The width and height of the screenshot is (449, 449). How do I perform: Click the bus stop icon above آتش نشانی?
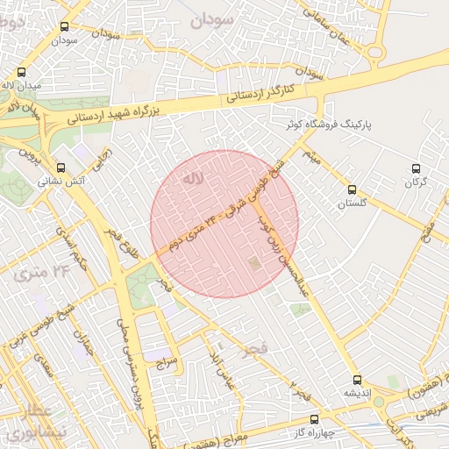tap(61, 167)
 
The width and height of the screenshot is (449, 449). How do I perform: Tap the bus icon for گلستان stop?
tap(352, 189)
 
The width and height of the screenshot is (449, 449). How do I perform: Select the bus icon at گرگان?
tap(417, 168)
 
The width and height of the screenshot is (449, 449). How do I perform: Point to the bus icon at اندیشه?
tap(356, 380)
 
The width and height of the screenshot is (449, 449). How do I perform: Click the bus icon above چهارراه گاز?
tap(314, 418)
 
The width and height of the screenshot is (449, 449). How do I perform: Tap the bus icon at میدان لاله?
tap(21, 73)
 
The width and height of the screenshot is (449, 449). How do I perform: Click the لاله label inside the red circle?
tap(192, 179)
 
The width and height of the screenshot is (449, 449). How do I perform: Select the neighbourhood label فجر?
tap(256, 349)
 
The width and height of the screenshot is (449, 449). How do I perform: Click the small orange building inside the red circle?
tap(254, 263)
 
